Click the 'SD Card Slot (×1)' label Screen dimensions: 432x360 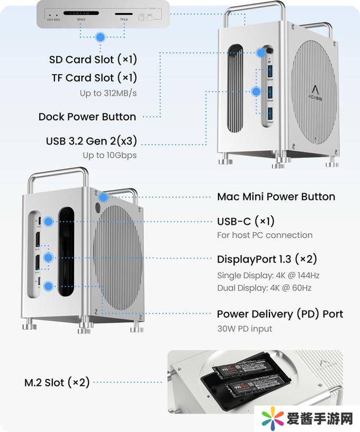click(x=93, y=59)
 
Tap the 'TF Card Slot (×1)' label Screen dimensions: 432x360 click(x=94, y=78)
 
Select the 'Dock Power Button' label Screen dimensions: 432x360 click(x=87, y=116)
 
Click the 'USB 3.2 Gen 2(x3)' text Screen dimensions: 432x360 click(x=91, y=141)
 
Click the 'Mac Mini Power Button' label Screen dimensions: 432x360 click(x=276, y=196)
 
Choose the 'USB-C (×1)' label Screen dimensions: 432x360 click(x=246, y=221)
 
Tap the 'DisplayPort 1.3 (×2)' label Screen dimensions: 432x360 click(x=267, y=259)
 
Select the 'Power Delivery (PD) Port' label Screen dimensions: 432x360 click(x=280, y=314)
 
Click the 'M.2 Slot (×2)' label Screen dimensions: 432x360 click(x=57, y=382)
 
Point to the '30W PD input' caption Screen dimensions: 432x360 click(x=245, y=329)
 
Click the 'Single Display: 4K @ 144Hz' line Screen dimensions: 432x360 click(x=268, y=275)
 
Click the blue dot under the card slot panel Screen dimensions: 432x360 click(x=100, y=37)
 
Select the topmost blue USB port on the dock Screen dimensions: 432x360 click(x=270, y=70)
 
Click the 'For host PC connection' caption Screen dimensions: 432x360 click(x=265, y=235)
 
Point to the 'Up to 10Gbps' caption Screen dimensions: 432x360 click(x=110, y=155)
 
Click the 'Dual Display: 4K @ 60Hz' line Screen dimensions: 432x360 click(x=264, y=288)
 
